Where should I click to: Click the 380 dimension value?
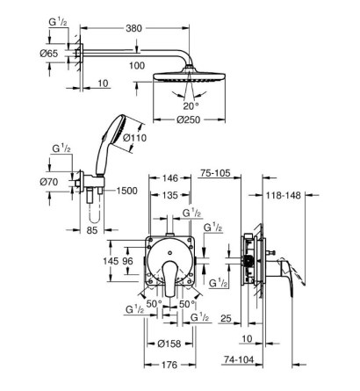tap(133, 28)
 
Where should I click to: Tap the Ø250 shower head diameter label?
tap(189, 119)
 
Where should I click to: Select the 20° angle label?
tap(191, 106)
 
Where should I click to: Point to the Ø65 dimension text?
tap(49, 54)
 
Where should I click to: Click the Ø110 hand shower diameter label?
tap(134, 138)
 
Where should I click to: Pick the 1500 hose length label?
tap(126, 191)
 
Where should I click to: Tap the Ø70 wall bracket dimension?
tap(49, 182)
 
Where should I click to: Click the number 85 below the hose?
tap(92, 230)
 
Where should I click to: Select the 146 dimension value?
tap(169, 178)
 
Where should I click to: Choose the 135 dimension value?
tap(169, 195)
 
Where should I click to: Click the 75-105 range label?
tap(215, 173)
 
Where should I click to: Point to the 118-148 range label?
tap(284, 195)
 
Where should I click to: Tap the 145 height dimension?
tap(111, 261)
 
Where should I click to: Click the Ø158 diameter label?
tap(169, 344)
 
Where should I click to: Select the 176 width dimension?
tap(169, 365)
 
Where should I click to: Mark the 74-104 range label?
tap(239, 359)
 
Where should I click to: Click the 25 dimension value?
tap(226, 318)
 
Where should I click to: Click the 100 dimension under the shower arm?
tap(137, 66)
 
